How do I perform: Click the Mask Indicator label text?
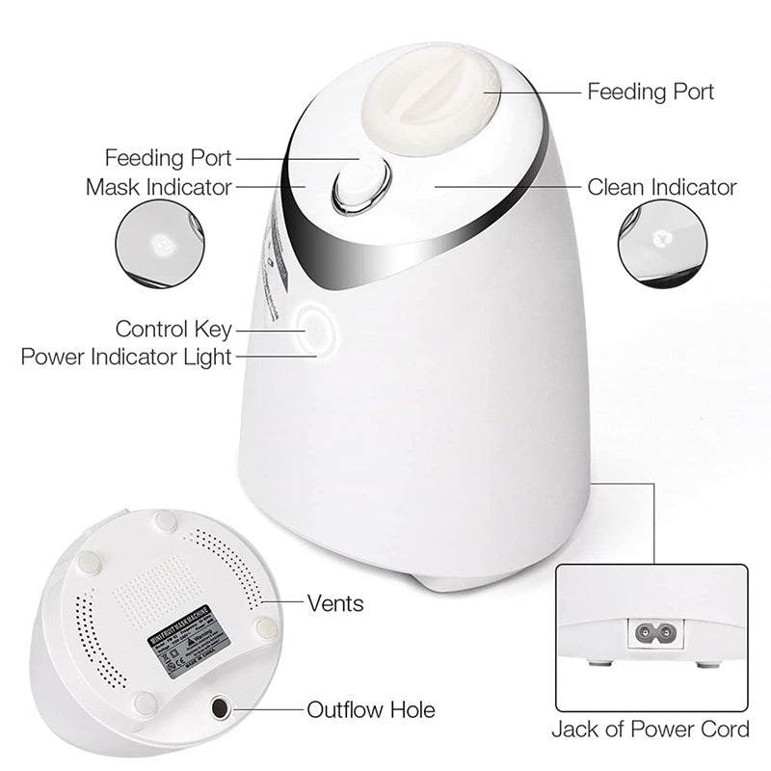point(159,186)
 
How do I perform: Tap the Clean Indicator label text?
point(661,187)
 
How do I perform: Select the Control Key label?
point(173,330)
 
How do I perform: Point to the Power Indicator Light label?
point(126,358)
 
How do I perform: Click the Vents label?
point(335,603)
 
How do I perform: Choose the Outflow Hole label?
point(371,711)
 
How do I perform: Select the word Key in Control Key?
point(214,330)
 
